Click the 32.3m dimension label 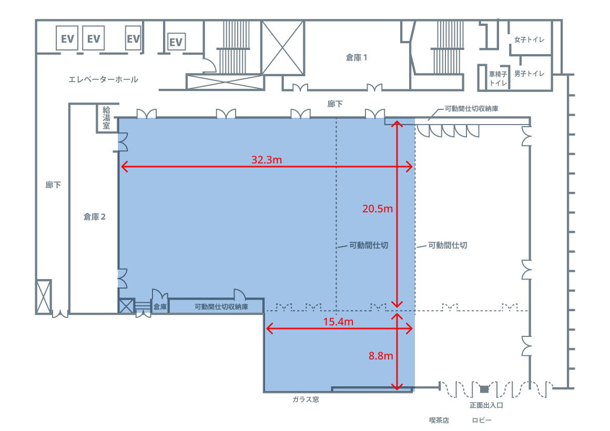click(x=267, y=160)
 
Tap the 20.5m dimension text click(x=378, y=209)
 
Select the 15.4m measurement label click(x=338, y=322)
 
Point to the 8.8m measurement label click(x=381, y=356)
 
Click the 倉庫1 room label click(x=357, y=58)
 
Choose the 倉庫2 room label click(x=95, y=217)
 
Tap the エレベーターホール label click(x=104, y=79)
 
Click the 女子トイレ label click(x=529, y=39)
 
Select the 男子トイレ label click(x=529, y=74)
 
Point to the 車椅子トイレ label click(x=498, y=78)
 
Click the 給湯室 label click(x=106, y=118)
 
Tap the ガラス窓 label click(x=306, y=399)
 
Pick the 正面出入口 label click(x=486, y=405)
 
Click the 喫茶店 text click(x=439, y=420)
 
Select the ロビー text click(x=482, y=420)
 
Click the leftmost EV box click(x=67, y=38)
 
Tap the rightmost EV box click(x=176, y=42)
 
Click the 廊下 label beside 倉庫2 click(x=53, y=185)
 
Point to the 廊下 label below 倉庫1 click(x=335, y=104)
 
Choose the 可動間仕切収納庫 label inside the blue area click(x=221, y=307)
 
